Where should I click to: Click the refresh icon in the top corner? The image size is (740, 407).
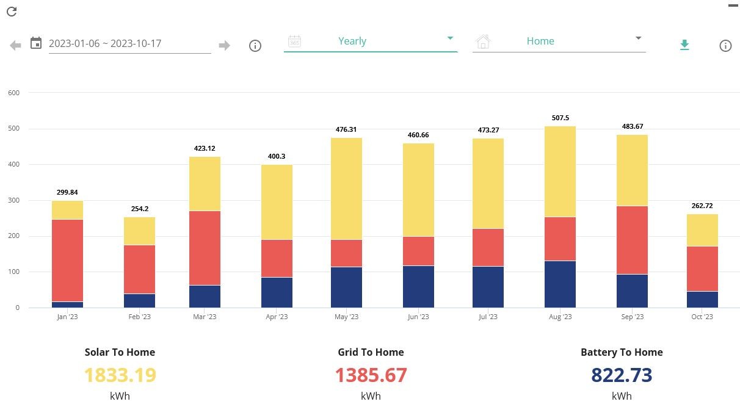pyautogui.click(x=12, y=12)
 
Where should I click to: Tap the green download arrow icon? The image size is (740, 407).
pyautogui.click(x=684, y=45)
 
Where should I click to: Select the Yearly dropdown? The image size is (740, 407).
pyautogui.click(x=371, y=41)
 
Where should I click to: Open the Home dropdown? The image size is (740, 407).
pyautogui.click(x=559, y=41)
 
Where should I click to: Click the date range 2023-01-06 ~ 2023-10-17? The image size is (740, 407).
pyautogui.click(x=105, y=43)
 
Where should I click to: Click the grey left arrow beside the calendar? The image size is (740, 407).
pyautogui.click(x=15, y=45)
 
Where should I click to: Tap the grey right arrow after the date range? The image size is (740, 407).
pyautogui.click(x=224, y=45)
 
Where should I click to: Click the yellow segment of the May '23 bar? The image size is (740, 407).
pyautogui.click(x=346, y=189)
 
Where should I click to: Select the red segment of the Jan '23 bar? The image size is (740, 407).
pyautogui.click(x=67, y=261)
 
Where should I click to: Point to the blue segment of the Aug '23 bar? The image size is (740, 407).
pyautogui.click(x=560, y=284)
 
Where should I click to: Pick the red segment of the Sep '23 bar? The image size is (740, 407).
pyautogui.click(x=632, y=240)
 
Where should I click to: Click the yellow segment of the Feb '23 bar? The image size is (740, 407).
pyautogui.click(x=139, y=231)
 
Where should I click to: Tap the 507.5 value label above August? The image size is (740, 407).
pyautogui.click(x=560, y=118)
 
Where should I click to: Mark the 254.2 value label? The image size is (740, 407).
pyautogui.click(x=140, y=209)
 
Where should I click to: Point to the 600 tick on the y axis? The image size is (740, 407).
pyautogui.click(x=14, y=93)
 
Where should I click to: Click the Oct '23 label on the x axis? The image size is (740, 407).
pyautogui.click(x=702, y=317)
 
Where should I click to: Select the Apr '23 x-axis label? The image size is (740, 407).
pyautogui.click(x=277, y=317)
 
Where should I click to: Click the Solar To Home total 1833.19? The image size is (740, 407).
pyautogui.click(x=120, y=375)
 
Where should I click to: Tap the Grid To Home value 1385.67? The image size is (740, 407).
pyautogui.click(x=371, y=375)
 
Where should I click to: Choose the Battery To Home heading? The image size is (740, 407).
pyautogui.click(x=622, y=353)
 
